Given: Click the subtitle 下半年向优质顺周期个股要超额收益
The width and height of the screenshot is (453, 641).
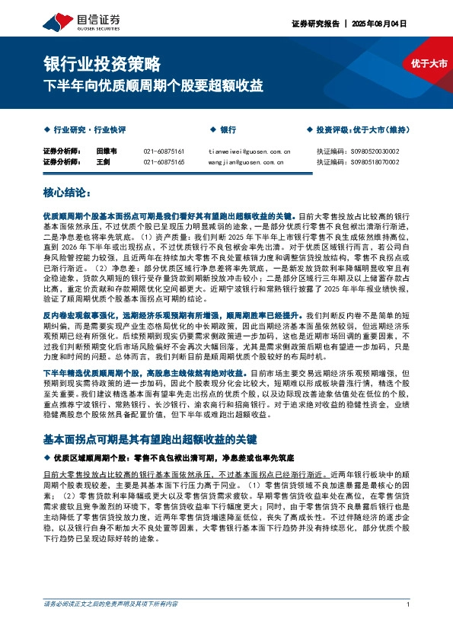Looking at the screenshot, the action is (153, 85).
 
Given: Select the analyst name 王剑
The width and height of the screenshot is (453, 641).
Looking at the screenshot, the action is (103, 162).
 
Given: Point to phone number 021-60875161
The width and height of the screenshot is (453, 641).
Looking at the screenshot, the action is (164, 151).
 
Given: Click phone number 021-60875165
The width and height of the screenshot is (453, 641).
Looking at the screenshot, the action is (164, 162).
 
